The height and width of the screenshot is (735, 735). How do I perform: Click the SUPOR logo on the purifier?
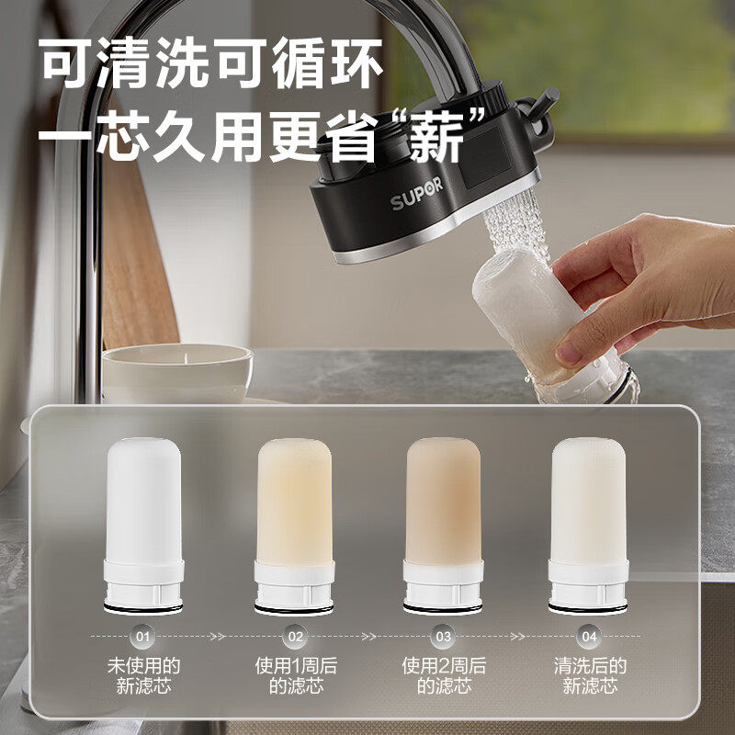pyautogui.click(x=417, y=194)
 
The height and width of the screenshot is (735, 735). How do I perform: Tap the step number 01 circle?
pyautogui.click(x=142, y=637)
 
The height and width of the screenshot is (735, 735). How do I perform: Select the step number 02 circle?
pyautogui.click(x=295, y=637)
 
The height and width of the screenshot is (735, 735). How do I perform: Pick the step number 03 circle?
pyautogui.click(x=444, y=637)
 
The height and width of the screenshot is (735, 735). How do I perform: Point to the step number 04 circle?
pyautogui.click(x=589, y=637)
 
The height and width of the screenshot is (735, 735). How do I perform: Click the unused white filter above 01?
pyautogui.click(x=143, y=526)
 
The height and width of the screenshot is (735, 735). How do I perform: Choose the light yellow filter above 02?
pyautogui.click(x=294, y=526)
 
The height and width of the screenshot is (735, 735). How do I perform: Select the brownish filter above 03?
pyautogui.click(x=443, y=526)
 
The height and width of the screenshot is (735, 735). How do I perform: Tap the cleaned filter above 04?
pyautogui.click(x=588, y=526)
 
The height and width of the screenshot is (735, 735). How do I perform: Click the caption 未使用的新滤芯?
pyautogui.click(x=143, y=675)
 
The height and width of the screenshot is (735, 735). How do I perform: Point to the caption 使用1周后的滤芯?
pyautogui.click(x=296, y=675)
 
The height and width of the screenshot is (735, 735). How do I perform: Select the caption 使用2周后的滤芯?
pyautogui.click(x=444, y=675)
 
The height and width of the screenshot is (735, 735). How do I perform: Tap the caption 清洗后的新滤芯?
pyautogui.click(x=590, y=675)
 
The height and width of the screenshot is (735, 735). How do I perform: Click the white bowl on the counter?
pyautogui.click(x=177, y=372)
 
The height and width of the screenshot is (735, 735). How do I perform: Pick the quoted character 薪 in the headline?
pyautogui.click(x=436, y=137)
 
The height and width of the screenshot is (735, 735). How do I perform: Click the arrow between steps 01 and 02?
pyautogui.click(x=219, y=637)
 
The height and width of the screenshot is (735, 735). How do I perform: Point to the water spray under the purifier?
pyautogui.click(x=515, y=225)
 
